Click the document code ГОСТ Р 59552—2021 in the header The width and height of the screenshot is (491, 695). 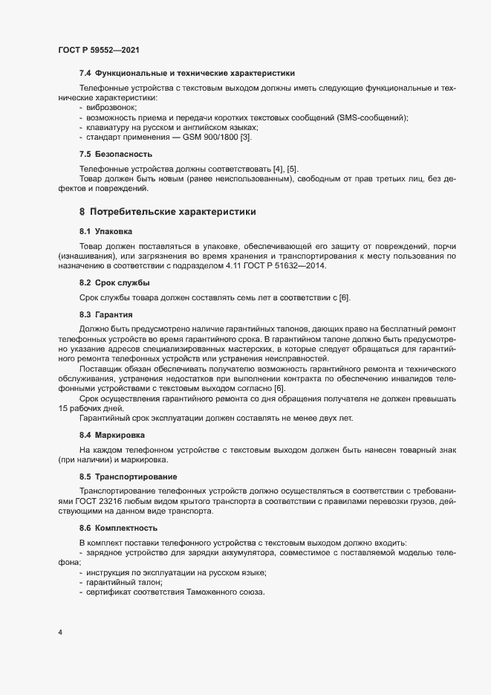[x=98, y=50]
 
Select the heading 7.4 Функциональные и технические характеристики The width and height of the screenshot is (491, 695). [x=187, y=74]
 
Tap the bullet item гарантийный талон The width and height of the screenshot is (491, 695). [x=124, y=581]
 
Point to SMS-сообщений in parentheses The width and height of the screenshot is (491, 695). [x=371, y=118]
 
